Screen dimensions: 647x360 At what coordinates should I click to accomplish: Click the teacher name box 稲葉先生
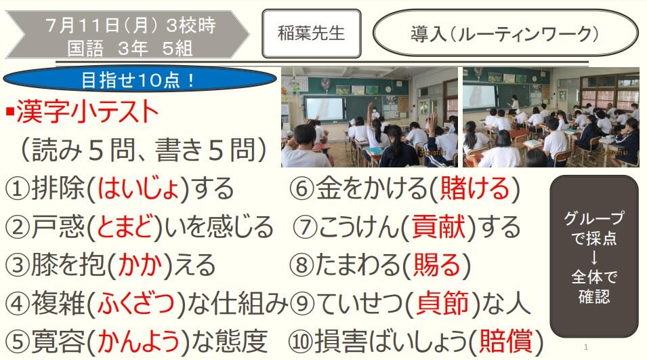click(x=312, y=33)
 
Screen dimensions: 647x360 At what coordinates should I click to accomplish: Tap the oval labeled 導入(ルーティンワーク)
click(x=505, y=33)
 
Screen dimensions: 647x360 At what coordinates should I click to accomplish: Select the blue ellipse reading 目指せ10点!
click(x=140, y=79)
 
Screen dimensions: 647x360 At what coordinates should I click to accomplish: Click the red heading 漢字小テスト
click(x=87, y=112)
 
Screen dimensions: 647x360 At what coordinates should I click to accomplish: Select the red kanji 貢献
click(x=438, y=226)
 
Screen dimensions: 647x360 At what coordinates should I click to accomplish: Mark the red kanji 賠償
click(x=506, y=342)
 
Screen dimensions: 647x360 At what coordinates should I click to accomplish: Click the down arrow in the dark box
click(x=593, y=258)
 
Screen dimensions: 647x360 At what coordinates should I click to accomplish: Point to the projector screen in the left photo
click(x=325, y=109)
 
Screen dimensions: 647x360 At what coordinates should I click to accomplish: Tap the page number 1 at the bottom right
click(x=586, y=347)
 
